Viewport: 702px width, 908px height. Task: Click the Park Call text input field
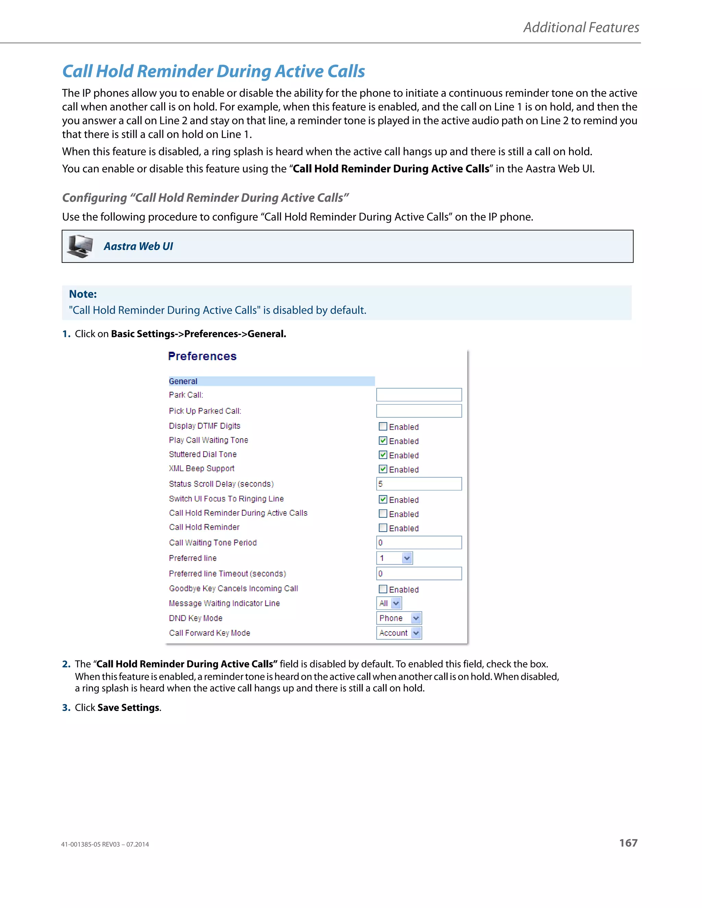click(419, 394)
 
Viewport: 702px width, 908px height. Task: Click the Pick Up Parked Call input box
click(419, 411)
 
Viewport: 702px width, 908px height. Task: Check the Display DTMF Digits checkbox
click(383, 426)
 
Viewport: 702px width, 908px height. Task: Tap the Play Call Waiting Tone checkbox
click(383, 440)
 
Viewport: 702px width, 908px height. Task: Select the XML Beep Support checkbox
click(383, 469)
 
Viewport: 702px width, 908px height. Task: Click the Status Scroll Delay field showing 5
click(419, 483)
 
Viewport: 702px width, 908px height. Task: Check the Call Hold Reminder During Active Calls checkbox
click(383, 514)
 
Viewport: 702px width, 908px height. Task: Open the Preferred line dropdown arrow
click(407, 558)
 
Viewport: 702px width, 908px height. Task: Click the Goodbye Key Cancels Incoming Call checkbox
click(383, 589)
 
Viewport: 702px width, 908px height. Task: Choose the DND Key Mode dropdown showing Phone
click(398, 618)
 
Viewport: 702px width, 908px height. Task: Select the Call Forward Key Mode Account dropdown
click(398, 633)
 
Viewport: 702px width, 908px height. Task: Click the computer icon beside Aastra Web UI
click(80, 246)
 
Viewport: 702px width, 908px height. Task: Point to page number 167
click(628, 843)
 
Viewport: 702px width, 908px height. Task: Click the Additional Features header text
click(581, 27)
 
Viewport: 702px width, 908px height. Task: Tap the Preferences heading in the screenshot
click(202, 356)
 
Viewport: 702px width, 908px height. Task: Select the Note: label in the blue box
click(83, 294)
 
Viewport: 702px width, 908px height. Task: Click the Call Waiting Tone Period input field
click(419, 542)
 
